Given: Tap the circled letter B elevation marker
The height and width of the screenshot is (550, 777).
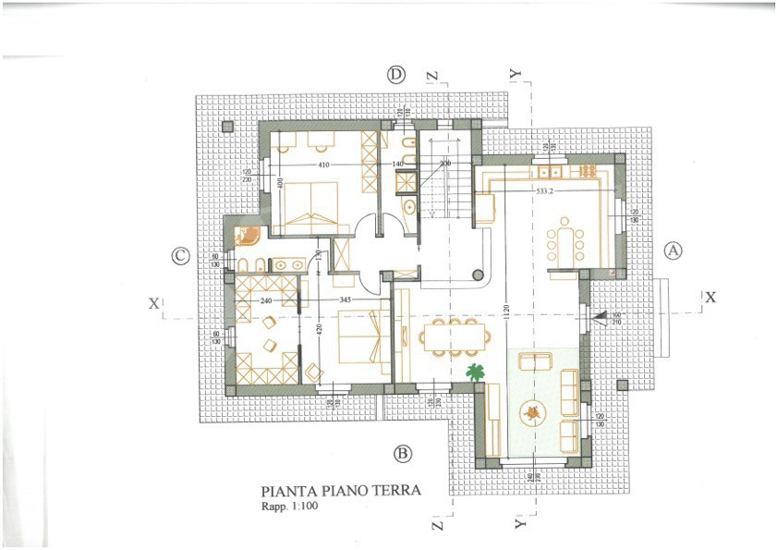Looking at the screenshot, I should [402, 453].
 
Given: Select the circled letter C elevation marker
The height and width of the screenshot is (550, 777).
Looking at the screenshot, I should [182, 257].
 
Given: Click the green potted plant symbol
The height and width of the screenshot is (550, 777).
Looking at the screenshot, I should [476, 373].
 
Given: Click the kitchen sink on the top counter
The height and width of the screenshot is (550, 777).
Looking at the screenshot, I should [552, 172].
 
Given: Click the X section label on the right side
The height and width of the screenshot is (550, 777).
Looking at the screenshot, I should [710, 298].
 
